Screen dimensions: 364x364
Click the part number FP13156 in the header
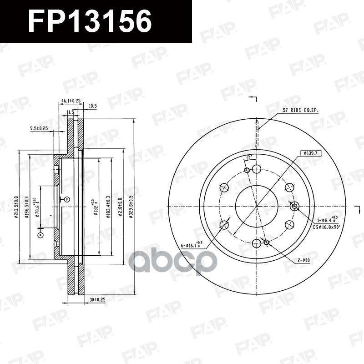click(x=90, y=21)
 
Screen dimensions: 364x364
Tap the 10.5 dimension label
click(x=92, y=106)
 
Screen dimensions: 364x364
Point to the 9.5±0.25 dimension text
click(x=40, y=128)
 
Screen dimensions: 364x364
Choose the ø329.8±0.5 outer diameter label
click(x=131, y=207)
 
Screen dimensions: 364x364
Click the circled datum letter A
click(x=40, y=235)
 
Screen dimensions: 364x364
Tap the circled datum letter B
click(x=67, y=199)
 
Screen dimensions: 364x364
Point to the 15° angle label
click(x=248, y=157)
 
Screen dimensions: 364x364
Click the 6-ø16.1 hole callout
click(x=193, y=246)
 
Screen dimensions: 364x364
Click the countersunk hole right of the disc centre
click(x=294, y=206)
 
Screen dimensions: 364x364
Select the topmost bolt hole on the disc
click(x=257, y=169)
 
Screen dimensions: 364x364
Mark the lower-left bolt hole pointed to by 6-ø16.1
click(x=224, y=225)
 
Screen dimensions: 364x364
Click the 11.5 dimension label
click(x=70, y=111)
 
